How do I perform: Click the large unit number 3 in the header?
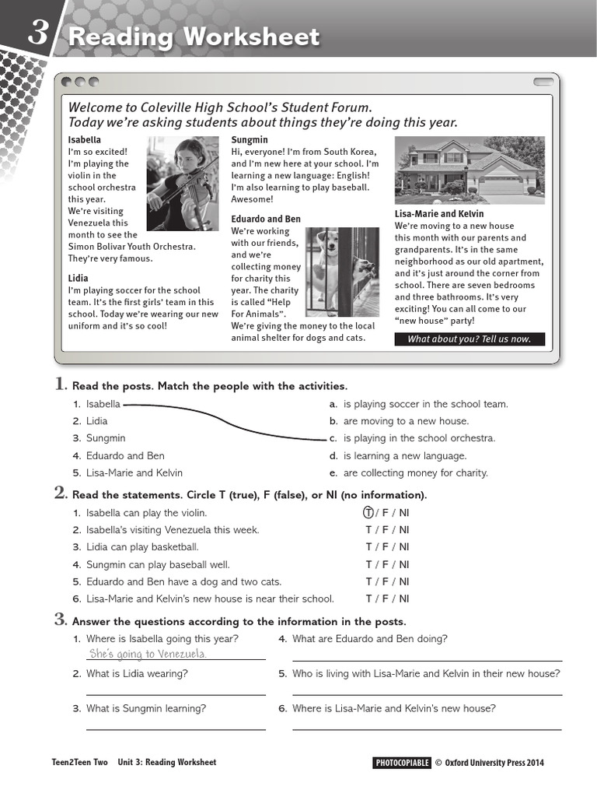40,33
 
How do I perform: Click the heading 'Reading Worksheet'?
194,37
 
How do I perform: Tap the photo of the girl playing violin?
183,183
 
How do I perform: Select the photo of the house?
470,170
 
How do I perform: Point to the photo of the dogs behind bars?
342,271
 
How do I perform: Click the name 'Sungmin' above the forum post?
250,140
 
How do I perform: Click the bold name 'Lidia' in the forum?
79,278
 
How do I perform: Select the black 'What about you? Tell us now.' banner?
470,339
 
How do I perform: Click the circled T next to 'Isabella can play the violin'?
368,513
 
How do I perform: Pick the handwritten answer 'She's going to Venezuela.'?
148,653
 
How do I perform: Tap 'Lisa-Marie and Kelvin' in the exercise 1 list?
134,472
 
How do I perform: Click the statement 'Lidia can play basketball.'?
142,547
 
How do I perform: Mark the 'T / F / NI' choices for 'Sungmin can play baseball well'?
387,564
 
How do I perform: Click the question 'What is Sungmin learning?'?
146,708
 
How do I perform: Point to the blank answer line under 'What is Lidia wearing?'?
176,693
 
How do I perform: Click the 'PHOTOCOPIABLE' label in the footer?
402,763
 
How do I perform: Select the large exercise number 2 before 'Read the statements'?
60,493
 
